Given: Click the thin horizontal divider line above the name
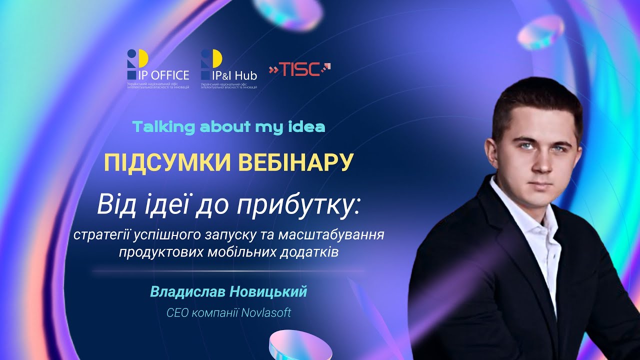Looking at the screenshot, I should [228, 271].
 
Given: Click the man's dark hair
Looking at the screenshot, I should [537, 102].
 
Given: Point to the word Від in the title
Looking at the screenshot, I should [113, 205].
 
